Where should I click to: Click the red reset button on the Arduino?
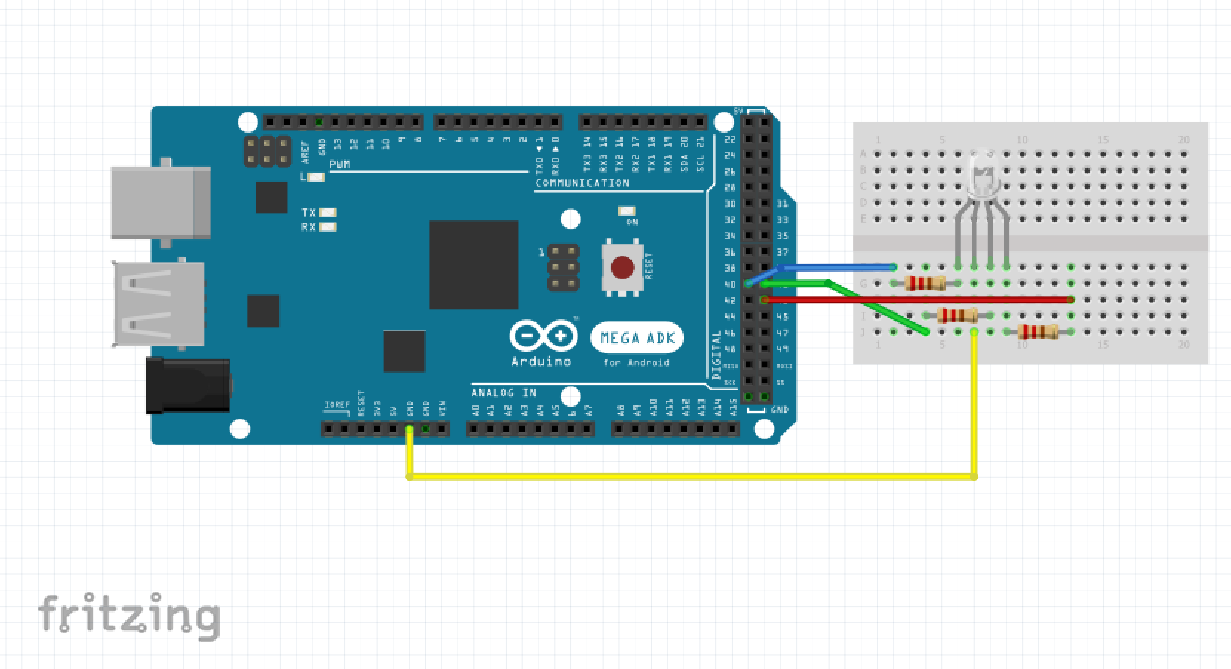coord(622,267)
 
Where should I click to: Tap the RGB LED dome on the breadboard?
coord(982,175)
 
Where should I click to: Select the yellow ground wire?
coord(689,476)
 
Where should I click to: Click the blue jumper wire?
coord(837,267)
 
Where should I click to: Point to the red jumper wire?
coord(918,299)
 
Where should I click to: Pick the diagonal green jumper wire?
coord(878,307)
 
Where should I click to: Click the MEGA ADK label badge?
coord(637,338)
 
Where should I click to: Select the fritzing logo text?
coord(130,615)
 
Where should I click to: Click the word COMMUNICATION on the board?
coord(582,183)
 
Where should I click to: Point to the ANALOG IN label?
coord(504,393)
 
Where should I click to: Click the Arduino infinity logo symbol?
coord(543,336)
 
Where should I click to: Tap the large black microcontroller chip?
coord(473,264)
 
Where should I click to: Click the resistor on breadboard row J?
coord(1038,331)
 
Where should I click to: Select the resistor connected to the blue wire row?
coord(925,283)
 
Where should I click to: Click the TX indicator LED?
coord(327,213)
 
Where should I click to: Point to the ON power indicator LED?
coord(627,211)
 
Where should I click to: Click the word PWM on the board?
coord(340,164)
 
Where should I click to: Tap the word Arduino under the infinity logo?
coord(541,362)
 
